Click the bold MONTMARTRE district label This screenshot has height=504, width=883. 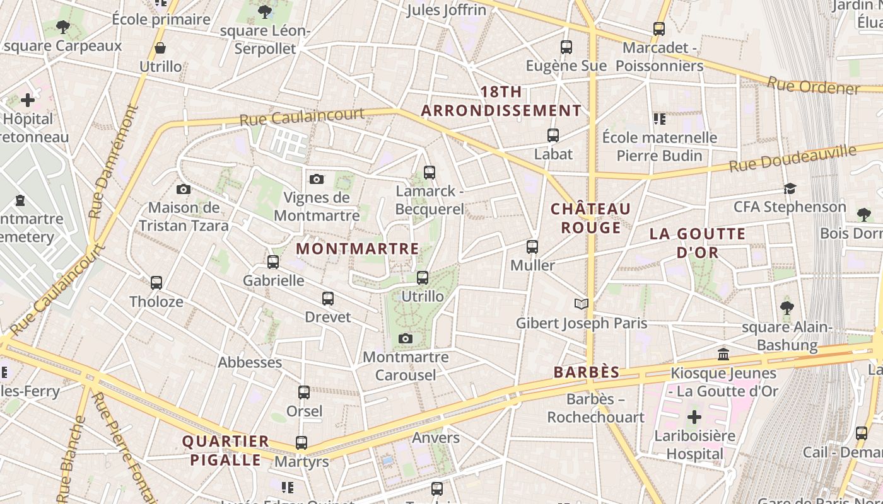click(357, 249)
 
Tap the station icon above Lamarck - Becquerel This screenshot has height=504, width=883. click(430, 172)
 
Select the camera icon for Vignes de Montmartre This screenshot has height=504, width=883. click(317, 180)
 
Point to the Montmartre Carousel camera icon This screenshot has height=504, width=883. click(406, 339)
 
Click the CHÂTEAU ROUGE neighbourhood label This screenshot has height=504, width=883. click(590, 218)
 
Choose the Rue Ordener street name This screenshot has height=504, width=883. click(813, 86)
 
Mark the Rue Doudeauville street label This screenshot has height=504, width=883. click(793, 158)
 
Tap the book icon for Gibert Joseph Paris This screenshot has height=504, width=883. click(582, 304)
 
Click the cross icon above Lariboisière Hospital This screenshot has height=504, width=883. click(694, 416)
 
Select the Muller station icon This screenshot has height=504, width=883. click(532, 246)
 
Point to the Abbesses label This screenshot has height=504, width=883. click(250, 362)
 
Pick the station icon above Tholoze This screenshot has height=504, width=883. click(156, 283)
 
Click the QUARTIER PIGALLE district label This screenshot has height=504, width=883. click(226, 450)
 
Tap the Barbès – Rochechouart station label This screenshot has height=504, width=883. click(595, 408)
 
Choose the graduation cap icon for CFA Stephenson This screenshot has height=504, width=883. click(790, 188)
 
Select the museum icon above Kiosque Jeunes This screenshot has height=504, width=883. click(723, 354)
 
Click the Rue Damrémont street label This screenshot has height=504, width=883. click(114, 162)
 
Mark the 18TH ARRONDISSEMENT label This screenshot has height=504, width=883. click(501, 101)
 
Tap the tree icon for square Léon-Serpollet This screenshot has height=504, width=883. click(265, 11)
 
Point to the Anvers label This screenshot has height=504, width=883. click(436, 438)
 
